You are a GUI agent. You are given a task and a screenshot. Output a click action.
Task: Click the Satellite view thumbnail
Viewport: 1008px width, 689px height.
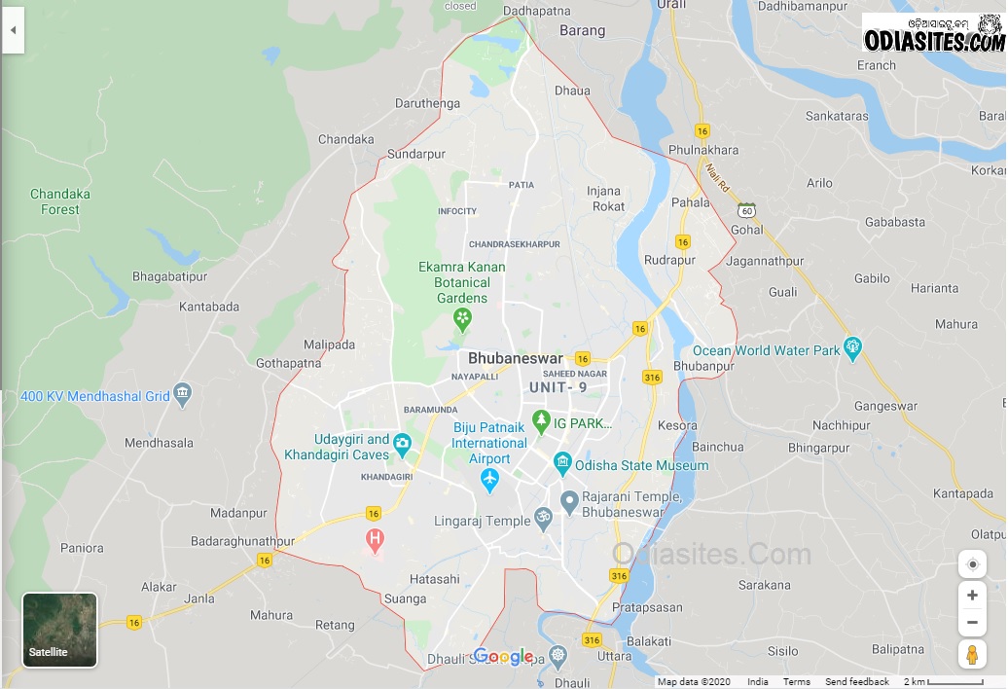pyautogui.click(x=59, y=630)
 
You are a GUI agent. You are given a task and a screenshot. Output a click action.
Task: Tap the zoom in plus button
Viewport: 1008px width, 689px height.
pyautogui.click(x=971, y=595)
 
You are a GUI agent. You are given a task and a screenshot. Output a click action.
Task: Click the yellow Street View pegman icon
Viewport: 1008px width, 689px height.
pyautogui.click(x=971, y=654)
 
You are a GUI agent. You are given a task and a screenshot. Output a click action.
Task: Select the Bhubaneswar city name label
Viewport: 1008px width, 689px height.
pyautogui.click(x=515, y=358)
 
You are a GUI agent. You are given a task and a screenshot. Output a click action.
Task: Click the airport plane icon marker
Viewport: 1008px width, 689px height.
pyautogui.click(x=489, y=480)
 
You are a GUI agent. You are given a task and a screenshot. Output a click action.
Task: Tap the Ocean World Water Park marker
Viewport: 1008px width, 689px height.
pyautogui.click(x=853, y=347)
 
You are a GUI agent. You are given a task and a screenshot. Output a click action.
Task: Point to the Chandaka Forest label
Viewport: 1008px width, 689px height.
pyautogui.click(x=60, y=201)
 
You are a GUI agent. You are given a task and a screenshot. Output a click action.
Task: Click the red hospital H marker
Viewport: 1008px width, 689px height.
pyautogui.click(x=374, y=538)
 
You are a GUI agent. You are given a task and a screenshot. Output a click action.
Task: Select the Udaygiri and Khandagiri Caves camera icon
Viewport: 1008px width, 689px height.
pyautogui.click(x=403, y=447)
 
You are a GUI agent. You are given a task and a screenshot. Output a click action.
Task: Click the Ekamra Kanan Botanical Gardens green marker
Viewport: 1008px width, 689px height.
pyautogui.click(x=462, y=318)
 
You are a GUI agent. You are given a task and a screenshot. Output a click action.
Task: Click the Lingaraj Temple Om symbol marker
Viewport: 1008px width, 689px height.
pyautogui.click(x=543, y=520)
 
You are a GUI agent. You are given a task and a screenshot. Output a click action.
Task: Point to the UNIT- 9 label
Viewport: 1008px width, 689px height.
pyautogui.click(x=558, y=387)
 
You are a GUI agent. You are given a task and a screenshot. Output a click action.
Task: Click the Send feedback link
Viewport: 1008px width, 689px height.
pyautogui.click(x=856, y=682)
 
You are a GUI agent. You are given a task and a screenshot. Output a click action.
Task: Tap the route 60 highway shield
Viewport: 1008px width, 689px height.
pyautogui.click(x=746, y=210)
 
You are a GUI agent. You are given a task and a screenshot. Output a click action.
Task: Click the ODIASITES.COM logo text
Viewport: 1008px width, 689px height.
pyautogui.click(x=933, y=40)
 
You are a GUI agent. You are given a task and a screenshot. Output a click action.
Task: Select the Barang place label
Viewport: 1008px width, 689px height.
pyautogui.click(x=583, y=30)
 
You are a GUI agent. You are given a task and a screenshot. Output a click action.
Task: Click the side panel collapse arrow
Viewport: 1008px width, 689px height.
pyautogui.click(x=13, y=30)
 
